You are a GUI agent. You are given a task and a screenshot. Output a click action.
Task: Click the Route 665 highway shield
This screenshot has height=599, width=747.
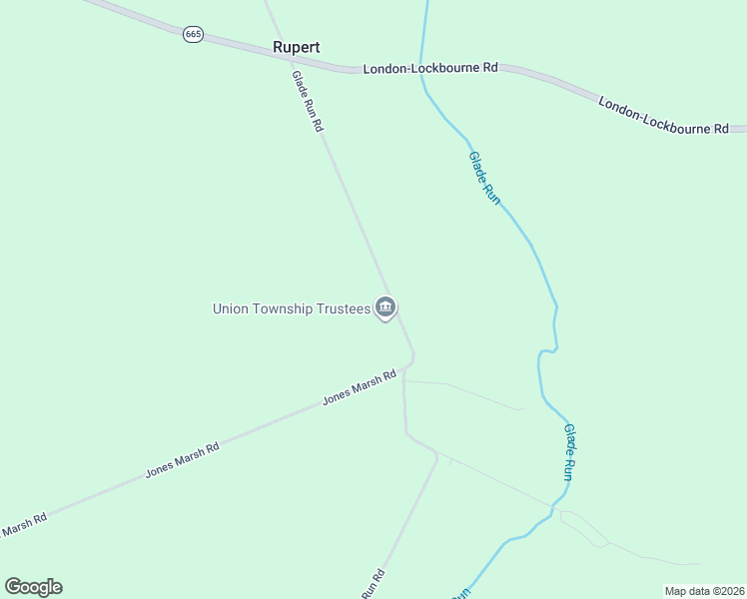(x=194, y=34)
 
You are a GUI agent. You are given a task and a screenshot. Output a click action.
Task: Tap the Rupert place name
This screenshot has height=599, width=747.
(x=297, y=47)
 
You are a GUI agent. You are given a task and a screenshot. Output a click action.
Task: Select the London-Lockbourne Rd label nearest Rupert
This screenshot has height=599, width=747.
(x=429, y=69)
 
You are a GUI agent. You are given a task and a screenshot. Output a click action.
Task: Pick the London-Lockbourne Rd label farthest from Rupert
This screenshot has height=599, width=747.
(x=664, y=115)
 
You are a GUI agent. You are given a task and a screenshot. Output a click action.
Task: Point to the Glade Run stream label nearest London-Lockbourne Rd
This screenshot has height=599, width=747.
(x=484, y=177)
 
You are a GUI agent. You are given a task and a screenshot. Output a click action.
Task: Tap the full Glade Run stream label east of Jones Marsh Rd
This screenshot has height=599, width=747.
(x=567, y=452)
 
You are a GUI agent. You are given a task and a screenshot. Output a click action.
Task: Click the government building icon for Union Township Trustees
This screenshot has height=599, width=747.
(x=385, y=307)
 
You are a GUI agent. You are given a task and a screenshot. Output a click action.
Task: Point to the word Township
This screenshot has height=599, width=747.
(x=284, y=308)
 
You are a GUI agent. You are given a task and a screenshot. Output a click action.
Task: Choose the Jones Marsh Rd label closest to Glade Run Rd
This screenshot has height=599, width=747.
(x=360, y=387)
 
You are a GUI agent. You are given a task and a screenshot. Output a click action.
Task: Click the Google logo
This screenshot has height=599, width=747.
(x=33, y=586)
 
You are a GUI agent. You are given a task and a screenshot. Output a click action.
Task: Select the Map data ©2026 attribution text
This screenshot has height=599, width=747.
(x=704, y=591)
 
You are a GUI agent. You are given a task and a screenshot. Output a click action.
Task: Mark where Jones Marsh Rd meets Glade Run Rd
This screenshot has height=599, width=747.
(x=404, y=368)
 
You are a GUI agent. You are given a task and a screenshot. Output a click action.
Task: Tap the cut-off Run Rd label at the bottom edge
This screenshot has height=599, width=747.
(x=373, y=585)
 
